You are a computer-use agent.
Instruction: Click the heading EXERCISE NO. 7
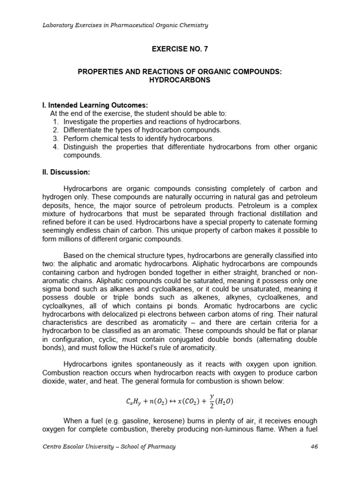[x=180, y=48]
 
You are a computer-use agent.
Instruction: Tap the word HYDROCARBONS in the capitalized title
[x=180, y=80]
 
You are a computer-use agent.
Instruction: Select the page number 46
[x=314, y=447]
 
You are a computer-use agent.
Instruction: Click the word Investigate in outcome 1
[x=81, y=121]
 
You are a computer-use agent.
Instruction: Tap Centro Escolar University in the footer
[x=77, y=447]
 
